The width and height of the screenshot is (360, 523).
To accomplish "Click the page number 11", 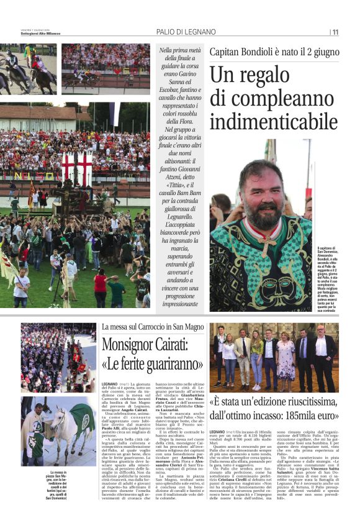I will [x=335, y=32].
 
